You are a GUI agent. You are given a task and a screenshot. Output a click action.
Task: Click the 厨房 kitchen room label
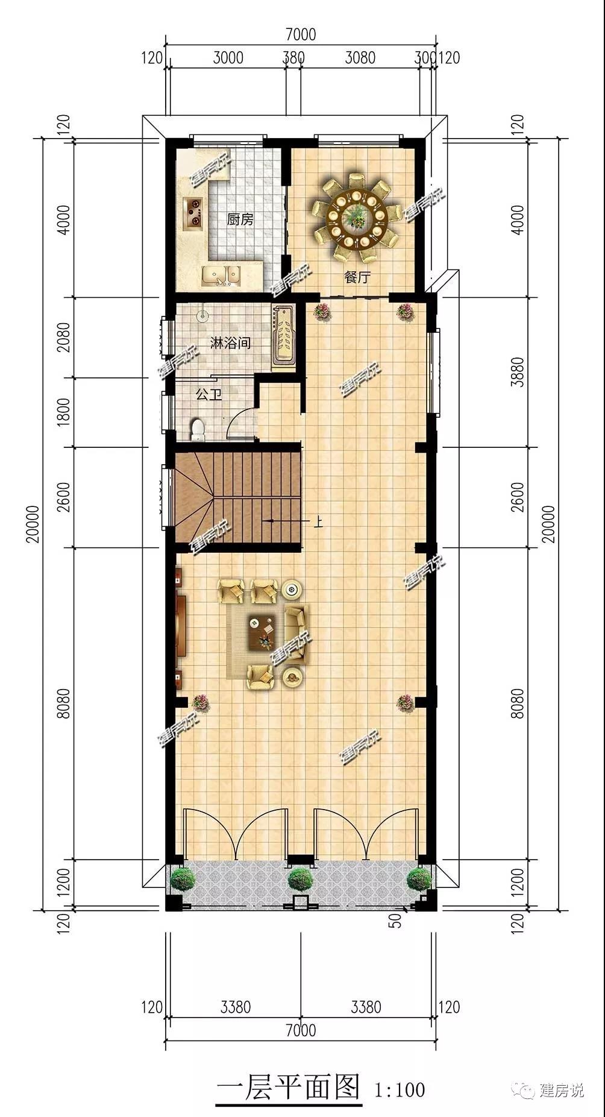(x=240, y=219)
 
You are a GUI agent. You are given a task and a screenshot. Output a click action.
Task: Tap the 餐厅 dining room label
(x=357, y=277)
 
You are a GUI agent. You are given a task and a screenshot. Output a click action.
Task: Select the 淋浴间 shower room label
(x=230, y=343)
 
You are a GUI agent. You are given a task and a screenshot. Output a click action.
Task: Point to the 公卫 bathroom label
(x=209, y=395)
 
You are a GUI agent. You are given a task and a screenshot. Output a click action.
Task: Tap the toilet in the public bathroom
(x=198, y=429)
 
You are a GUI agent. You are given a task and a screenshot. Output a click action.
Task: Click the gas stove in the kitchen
(x=194, y=213)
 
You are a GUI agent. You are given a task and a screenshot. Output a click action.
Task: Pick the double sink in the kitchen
(x=221, y=276)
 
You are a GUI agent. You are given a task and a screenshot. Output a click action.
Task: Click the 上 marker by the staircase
(x=318, y=521)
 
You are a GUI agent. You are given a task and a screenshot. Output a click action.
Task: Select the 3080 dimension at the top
(x=360, y=58)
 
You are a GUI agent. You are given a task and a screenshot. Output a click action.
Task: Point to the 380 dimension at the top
(x=293, y=58)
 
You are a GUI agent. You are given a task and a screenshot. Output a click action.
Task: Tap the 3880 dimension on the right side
(x=517, y=371)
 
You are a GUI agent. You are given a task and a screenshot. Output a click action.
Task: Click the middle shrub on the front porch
(x=300, y=878)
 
